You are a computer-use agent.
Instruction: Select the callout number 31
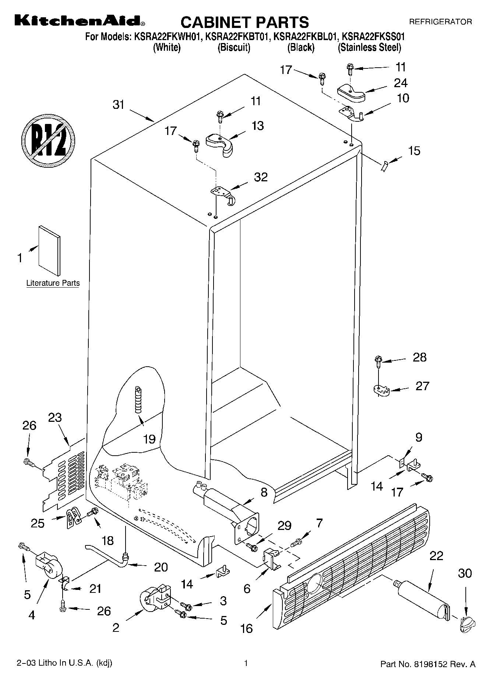119,105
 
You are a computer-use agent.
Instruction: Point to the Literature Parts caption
53,283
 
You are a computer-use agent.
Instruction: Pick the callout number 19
149,439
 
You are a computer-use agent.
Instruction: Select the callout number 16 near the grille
246,629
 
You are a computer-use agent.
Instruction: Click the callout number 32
261,177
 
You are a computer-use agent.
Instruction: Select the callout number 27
422,386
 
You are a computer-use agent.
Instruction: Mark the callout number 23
55,418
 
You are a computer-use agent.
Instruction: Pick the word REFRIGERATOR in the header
441,22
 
